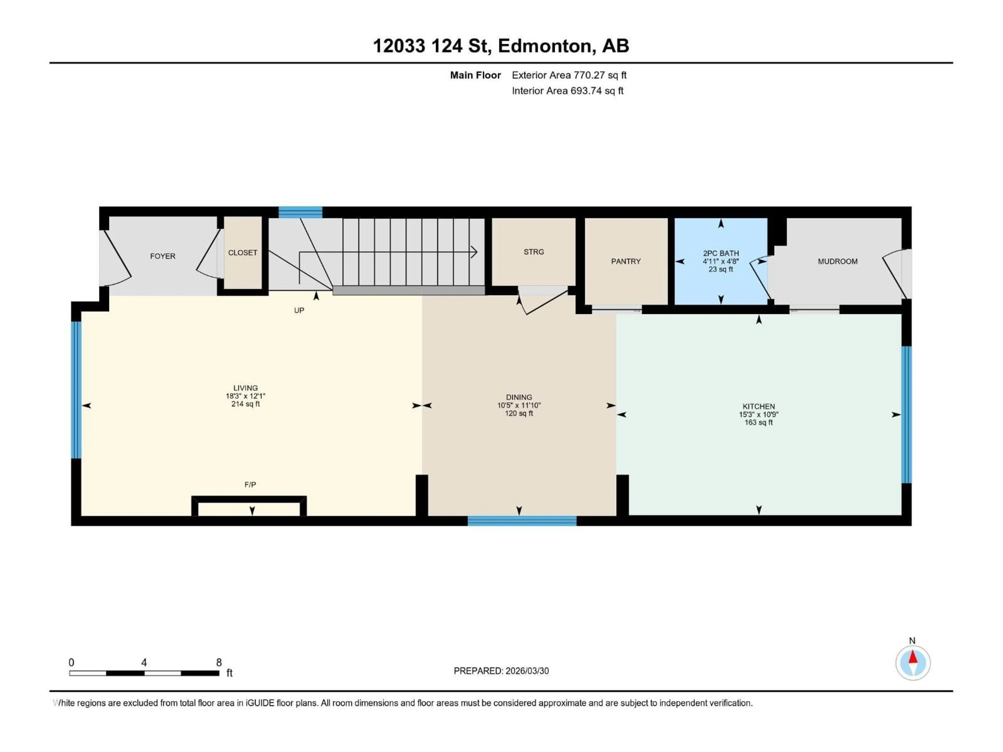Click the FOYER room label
click(162, 256)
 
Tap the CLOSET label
click(243, 252)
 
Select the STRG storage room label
click(534, 251)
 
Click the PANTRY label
click(626, 261)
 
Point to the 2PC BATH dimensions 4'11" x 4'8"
click(720, 261)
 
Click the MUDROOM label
click(837, 261)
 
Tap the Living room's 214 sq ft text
click(245, 404)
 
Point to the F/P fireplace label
click(250, 485)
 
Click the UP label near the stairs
click(299, 310)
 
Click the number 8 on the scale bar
click(219, 662)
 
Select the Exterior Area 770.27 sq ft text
click(569, 75)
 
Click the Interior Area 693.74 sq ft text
click(567, 91)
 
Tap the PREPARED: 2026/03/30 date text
click(501, 671)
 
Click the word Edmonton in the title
click(546, 46)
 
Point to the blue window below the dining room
click(522, 521)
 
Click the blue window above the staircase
click(300, 212)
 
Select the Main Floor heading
click(475, 75)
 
